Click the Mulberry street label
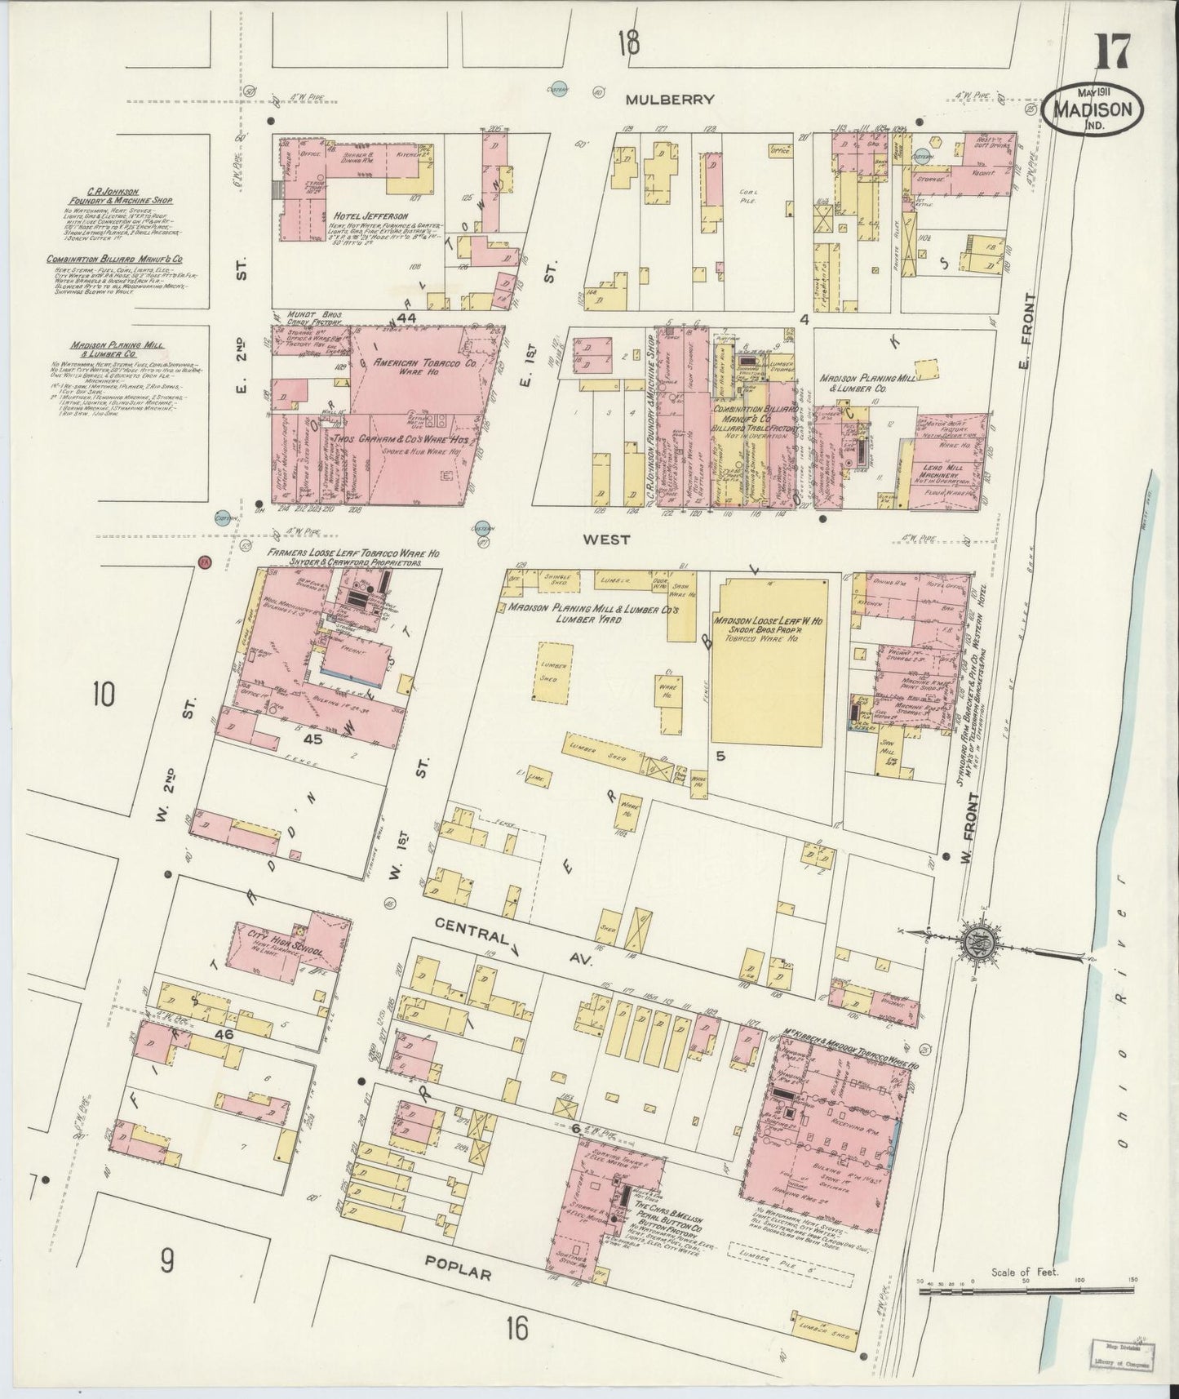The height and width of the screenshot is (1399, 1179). (x=670, y=100)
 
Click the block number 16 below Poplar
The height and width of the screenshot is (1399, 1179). (x=516, y=1330)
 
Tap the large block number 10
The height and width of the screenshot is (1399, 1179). (x=103, y=695)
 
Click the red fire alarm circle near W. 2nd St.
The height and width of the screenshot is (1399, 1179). (x=205, y=562)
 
